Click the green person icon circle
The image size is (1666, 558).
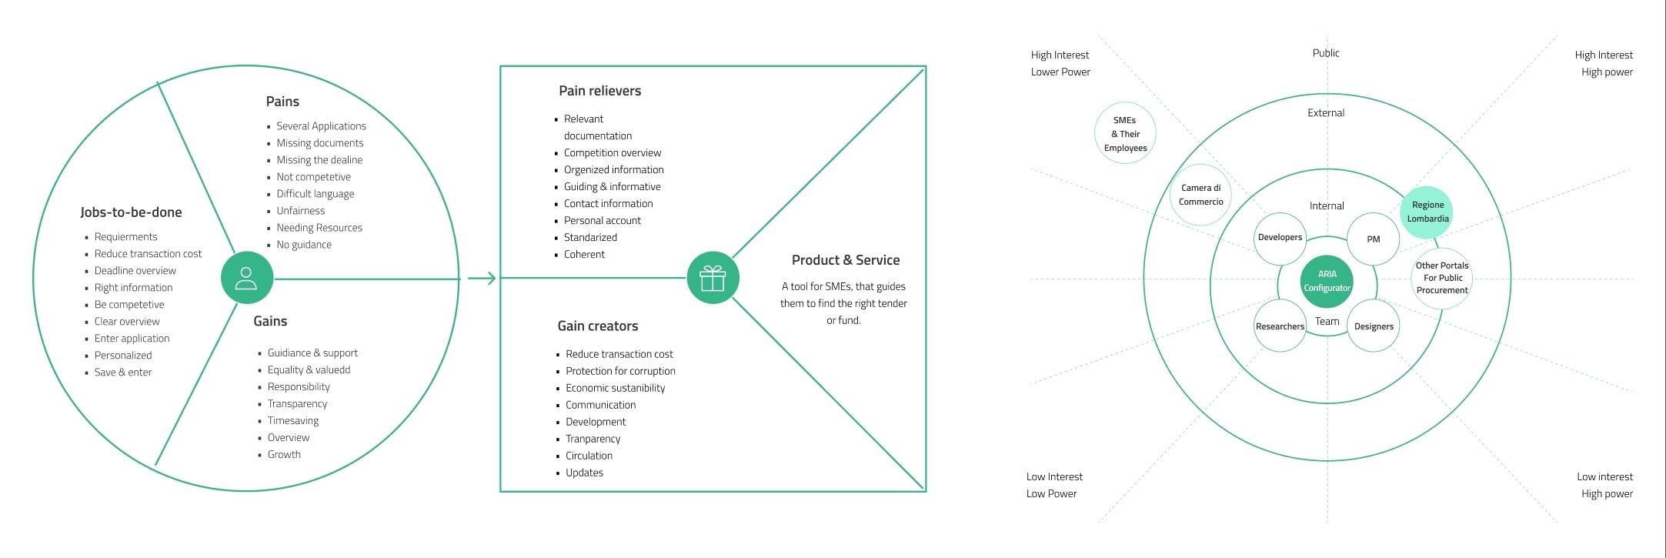coord(246,278)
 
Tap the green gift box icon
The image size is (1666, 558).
coord(713,278)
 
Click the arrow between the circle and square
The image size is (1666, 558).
coord(482,278)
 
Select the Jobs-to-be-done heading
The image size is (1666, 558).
coord(131,212)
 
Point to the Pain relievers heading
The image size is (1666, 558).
coord(599,91)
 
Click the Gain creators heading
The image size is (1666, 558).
coord(598,326)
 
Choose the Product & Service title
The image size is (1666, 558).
coord(846,260)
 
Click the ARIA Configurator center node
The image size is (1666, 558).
coord(1327,281)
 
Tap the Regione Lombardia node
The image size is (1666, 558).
coord(1427,212)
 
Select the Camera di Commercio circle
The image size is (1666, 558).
coord(1200,195)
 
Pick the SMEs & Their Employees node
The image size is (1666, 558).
coord(1125,134)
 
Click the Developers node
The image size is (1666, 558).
coord(1280,238)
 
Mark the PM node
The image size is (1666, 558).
coord(1373,239)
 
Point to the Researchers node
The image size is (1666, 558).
coord(1280,326)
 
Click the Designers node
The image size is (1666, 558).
coord(1374,326)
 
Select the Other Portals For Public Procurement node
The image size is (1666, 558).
coord(1442,278)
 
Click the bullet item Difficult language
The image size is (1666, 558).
coord(316,194)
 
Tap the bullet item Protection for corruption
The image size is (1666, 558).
coord(620,371)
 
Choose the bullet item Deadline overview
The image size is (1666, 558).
coord(135,271)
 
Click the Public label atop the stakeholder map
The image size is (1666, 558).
coord(1326,53)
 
